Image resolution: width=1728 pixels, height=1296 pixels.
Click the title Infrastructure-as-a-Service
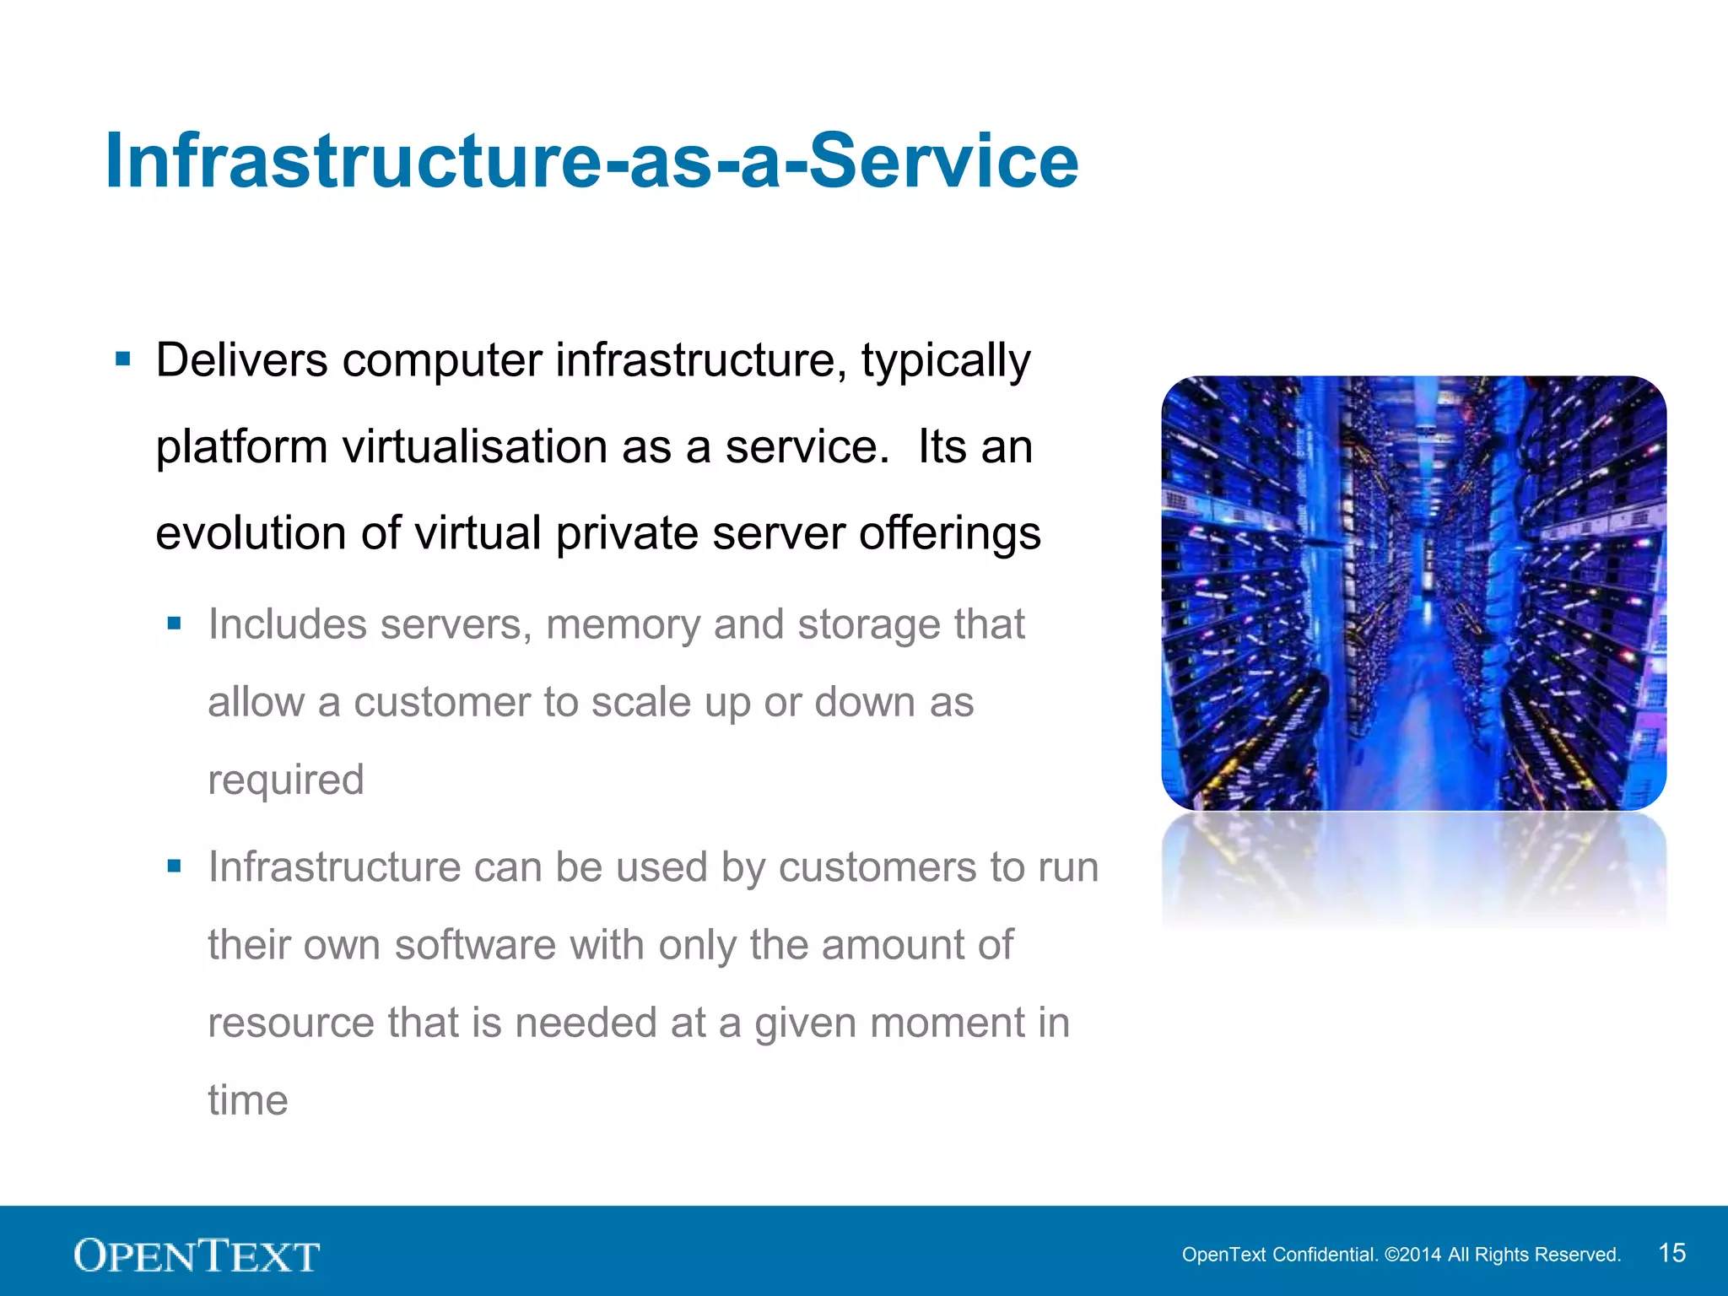[591, 161]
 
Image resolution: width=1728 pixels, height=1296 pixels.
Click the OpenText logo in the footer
[197, 1255]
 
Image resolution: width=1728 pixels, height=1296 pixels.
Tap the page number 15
[1671, 1253]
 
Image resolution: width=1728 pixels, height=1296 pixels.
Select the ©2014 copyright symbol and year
[1413, 1255]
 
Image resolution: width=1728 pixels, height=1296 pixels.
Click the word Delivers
[241, 360]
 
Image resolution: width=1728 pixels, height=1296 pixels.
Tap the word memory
[623, 624]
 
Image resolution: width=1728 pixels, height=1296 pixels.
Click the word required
[286, 780]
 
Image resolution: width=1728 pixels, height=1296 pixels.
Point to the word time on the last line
[248, 1100]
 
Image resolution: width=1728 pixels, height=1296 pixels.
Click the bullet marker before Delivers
[123, 360]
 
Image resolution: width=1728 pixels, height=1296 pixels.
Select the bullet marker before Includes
[175, 624]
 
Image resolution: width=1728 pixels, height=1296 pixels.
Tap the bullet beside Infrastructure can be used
[175, 866]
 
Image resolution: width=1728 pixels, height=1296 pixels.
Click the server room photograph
[1413, 593]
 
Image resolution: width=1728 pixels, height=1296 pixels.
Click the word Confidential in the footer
[1325, 1255]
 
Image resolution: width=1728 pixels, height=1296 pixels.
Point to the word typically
[946, 360]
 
